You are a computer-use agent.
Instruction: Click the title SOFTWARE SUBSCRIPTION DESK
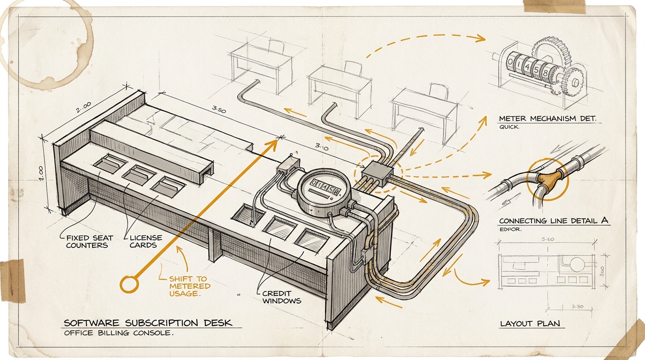click(148, 323)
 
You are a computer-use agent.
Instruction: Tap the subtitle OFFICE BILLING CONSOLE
click(119, 334)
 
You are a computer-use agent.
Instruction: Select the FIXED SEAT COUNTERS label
click(86, 241)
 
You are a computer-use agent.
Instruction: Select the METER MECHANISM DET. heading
click(547, 119)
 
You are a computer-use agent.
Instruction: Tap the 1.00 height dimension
click(41, 172)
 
